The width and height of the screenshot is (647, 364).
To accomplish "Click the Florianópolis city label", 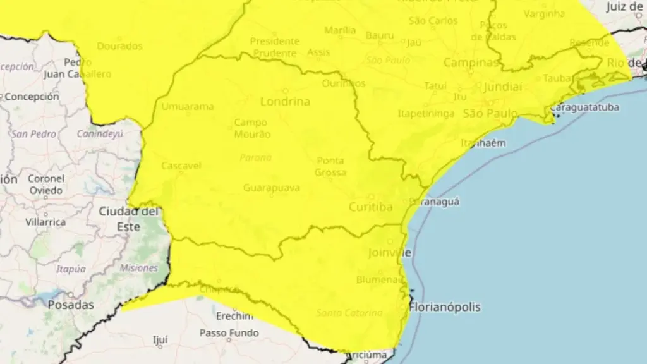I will point(445,308).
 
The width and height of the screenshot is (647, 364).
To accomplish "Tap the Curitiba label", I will point(371,207).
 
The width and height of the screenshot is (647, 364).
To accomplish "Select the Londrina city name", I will point(285,102).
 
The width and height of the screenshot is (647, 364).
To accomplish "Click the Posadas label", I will point(71,305).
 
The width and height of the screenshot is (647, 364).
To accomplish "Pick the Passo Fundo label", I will point(229,332).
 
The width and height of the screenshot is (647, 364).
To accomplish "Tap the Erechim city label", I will point(234,316).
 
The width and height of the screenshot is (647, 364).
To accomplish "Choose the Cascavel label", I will point(181,166).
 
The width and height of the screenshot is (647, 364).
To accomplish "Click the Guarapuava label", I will point(272,188).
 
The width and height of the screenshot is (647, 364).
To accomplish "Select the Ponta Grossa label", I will point(331,166).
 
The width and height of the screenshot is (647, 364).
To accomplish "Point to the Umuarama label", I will point(188,106).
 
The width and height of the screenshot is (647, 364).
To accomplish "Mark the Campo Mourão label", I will point(252,128).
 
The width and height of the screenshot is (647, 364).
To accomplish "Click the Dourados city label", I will point(120,46).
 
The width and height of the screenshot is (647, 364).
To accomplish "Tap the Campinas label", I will point(471,63).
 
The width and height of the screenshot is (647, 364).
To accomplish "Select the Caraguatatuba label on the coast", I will point(584,107).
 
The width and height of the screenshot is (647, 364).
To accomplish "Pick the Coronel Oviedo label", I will point(45,184).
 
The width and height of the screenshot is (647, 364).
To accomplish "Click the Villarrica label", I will point(45,222).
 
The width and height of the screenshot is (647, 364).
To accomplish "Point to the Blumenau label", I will point(377,279).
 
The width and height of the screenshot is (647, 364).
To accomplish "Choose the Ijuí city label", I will point(160,340).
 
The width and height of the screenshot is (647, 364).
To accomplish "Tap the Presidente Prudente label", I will point(274,47).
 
